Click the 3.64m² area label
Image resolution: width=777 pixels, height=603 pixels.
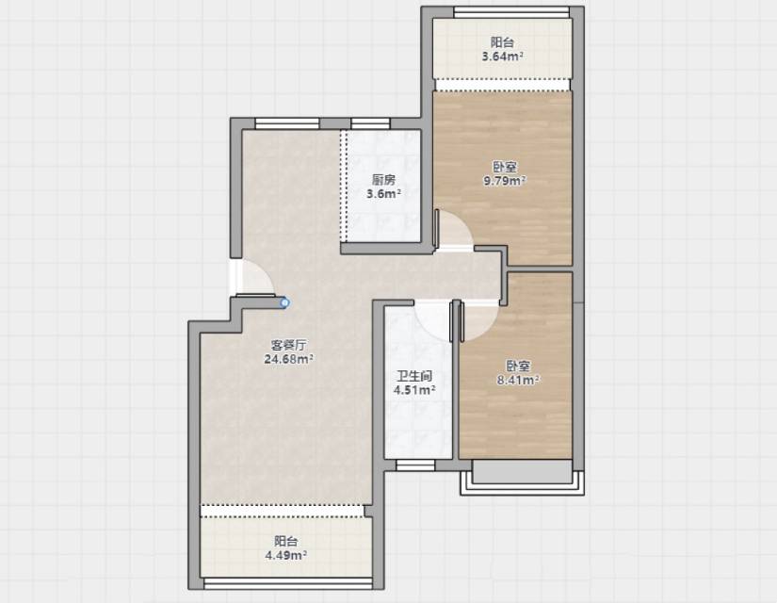click(503, 56)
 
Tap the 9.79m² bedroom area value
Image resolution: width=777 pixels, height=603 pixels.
click(505, 181)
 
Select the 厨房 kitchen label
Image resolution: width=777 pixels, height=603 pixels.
click(383, 180)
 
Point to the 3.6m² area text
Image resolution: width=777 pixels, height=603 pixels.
click(383, 193)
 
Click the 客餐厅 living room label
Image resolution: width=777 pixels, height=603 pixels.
click(288, 345)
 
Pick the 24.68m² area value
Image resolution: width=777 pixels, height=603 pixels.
click(288, 359)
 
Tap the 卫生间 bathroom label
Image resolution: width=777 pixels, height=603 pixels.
click(414, 376)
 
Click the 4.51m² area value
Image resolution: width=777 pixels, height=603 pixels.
click(414, 390)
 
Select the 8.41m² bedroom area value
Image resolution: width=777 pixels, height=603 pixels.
click(518, 380)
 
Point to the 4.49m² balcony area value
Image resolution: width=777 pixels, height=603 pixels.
click(286, 555)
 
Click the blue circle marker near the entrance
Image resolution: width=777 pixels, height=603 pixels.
click(284, 302)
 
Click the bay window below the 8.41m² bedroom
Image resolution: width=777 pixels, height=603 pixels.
click(523, 477)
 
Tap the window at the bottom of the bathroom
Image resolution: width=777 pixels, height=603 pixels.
click(415, 465)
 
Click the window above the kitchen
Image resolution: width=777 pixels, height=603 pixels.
click(370, 123)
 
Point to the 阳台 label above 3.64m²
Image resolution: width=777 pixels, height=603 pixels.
click(503, 42)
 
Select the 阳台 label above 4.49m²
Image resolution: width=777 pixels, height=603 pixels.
click(286, 541)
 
